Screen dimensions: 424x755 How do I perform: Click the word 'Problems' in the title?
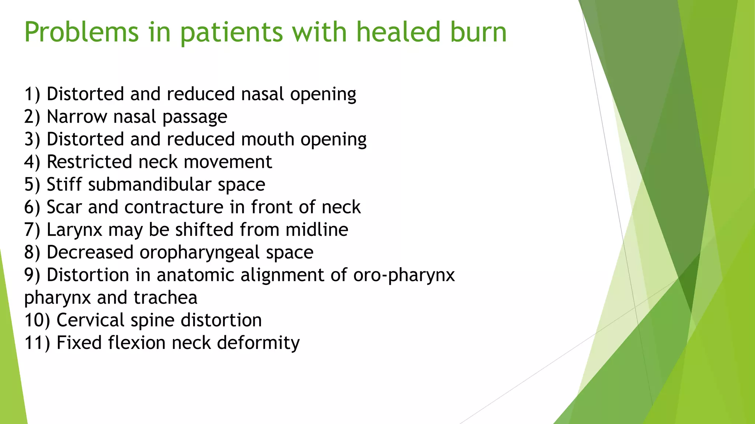coord(81,32)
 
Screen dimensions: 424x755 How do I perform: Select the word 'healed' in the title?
coord(398,32)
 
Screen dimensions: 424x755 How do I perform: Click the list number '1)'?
coord(32,94)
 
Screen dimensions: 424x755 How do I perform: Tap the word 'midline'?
coord(317,230)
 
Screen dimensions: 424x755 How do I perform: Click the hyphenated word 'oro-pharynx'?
coord(404,275)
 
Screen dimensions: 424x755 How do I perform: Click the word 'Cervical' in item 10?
coord(90,320)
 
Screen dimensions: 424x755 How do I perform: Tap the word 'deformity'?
coord(258,343)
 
